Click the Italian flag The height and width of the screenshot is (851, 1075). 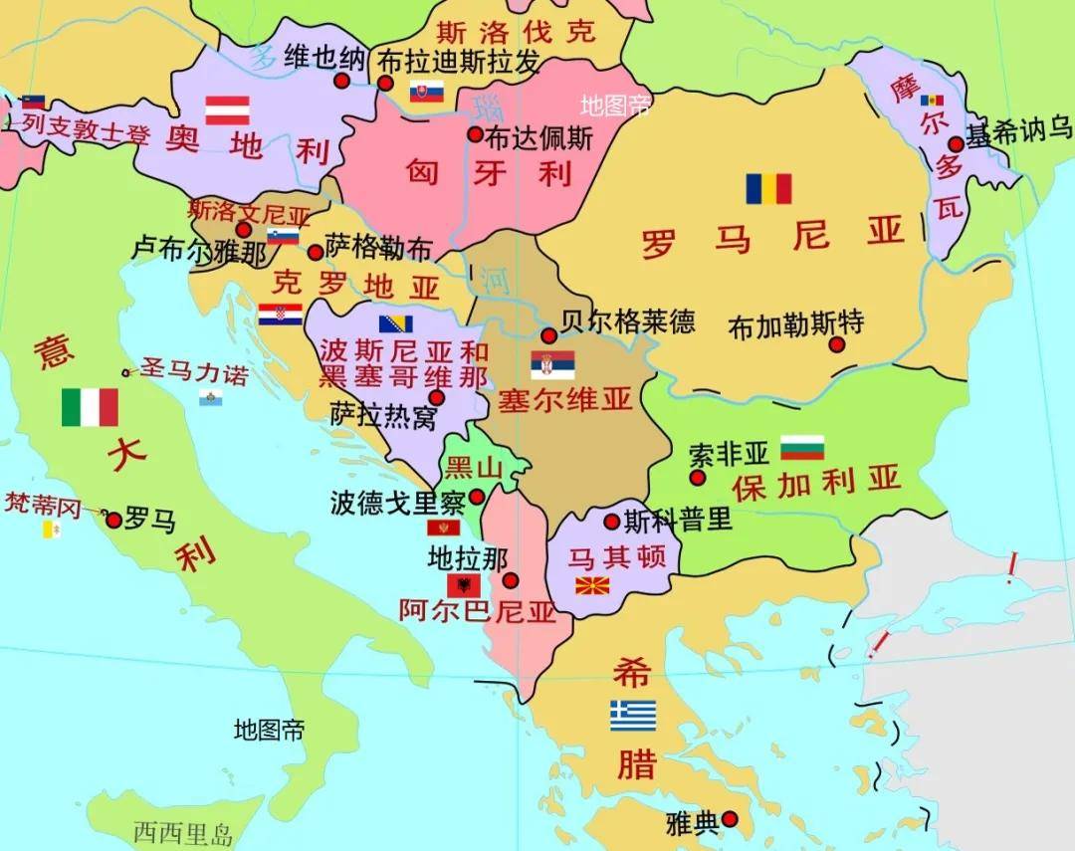pos(90,407)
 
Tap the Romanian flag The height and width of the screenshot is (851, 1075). pos(768,188)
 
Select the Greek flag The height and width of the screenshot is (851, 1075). pos(633,716)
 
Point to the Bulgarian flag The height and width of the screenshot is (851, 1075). pos(802,448)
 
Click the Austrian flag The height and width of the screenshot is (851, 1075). pos(227,109)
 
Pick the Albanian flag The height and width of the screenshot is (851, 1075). pos(464,585)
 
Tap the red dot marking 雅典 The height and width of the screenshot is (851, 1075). pos(730,818)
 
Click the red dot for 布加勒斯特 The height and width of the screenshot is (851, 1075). pos(837,344)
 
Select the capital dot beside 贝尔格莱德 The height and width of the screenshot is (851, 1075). pos(548,335)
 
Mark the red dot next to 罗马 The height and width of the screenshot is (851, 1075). pos(113,520)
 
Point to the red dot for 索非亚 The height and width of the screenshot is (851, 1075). pos(698,478)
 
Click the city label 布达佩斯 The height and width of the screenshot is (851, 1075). pos(539,137)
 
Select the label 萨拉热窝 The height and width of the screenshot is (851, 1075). pos(383,416)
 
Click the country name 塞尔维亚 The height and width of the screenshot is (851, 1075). pos(565,400)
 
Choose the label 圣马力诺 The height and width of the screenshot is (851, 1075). pos(195,373)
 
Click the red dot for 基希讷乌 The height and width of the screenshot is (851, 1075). pos(956,143)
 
